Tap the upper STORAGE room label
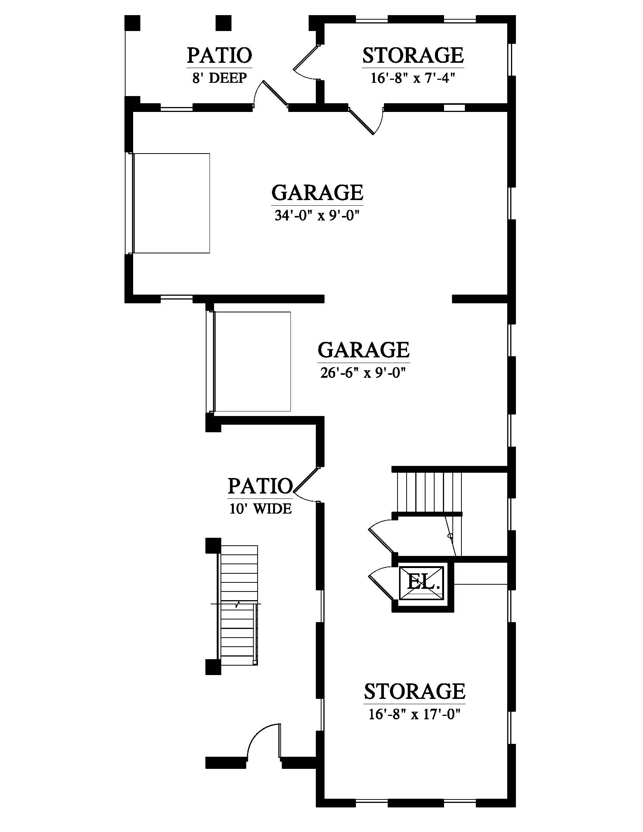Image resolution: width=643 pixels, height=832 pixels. point(413,55)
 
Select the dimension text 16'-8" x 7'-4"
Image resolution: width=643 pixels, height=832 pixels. point(413,78)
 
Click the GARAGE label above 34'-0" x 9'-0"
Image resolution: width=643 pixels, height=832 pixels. point(317,192)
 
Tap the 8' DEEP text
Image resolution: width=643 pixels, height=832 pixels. point(219,78)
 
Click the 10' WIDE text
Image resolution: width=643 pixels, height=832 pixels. point(260,509)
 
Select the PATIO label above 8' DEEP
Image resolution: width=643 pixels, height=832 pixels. point(219,55)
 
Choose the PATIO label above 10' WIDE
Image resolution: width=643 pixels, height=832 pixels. point(260,486)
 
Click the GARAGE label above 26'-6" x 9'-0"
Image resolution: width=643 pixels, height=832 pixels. point(363,350)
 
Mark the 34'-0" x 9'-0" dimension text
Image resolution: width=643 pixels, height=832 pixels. point(317,216)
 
